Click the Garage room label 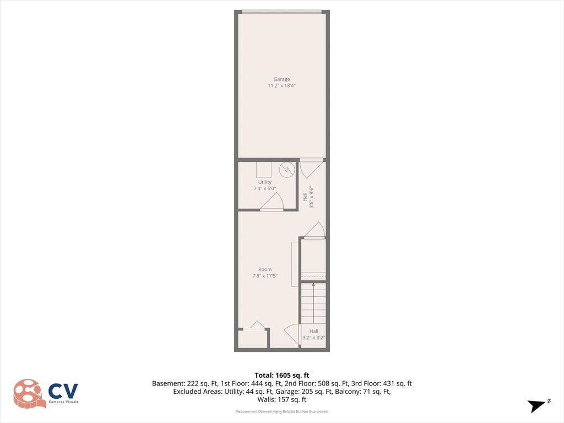pos(281,79)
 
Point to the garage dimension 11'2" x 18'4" pos(281,85)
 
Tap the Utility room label pos(265,182)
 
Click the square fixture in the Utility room pos(264,170)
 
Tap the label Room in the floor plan pos(265,269)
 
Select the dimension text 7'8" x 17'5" pos(265,276)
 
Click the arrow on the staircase pos(313,303)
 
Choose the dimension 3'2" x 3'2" pos(313,338)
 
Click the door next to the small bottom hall pos(292,334)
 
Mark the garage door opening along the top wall pos(281,12)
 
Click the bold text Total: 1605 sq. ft pos(282,376)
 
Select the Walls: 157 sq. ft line pos(282,399)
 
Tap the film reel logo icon pos(29,393)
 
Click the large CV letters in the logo pos(63,392)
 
